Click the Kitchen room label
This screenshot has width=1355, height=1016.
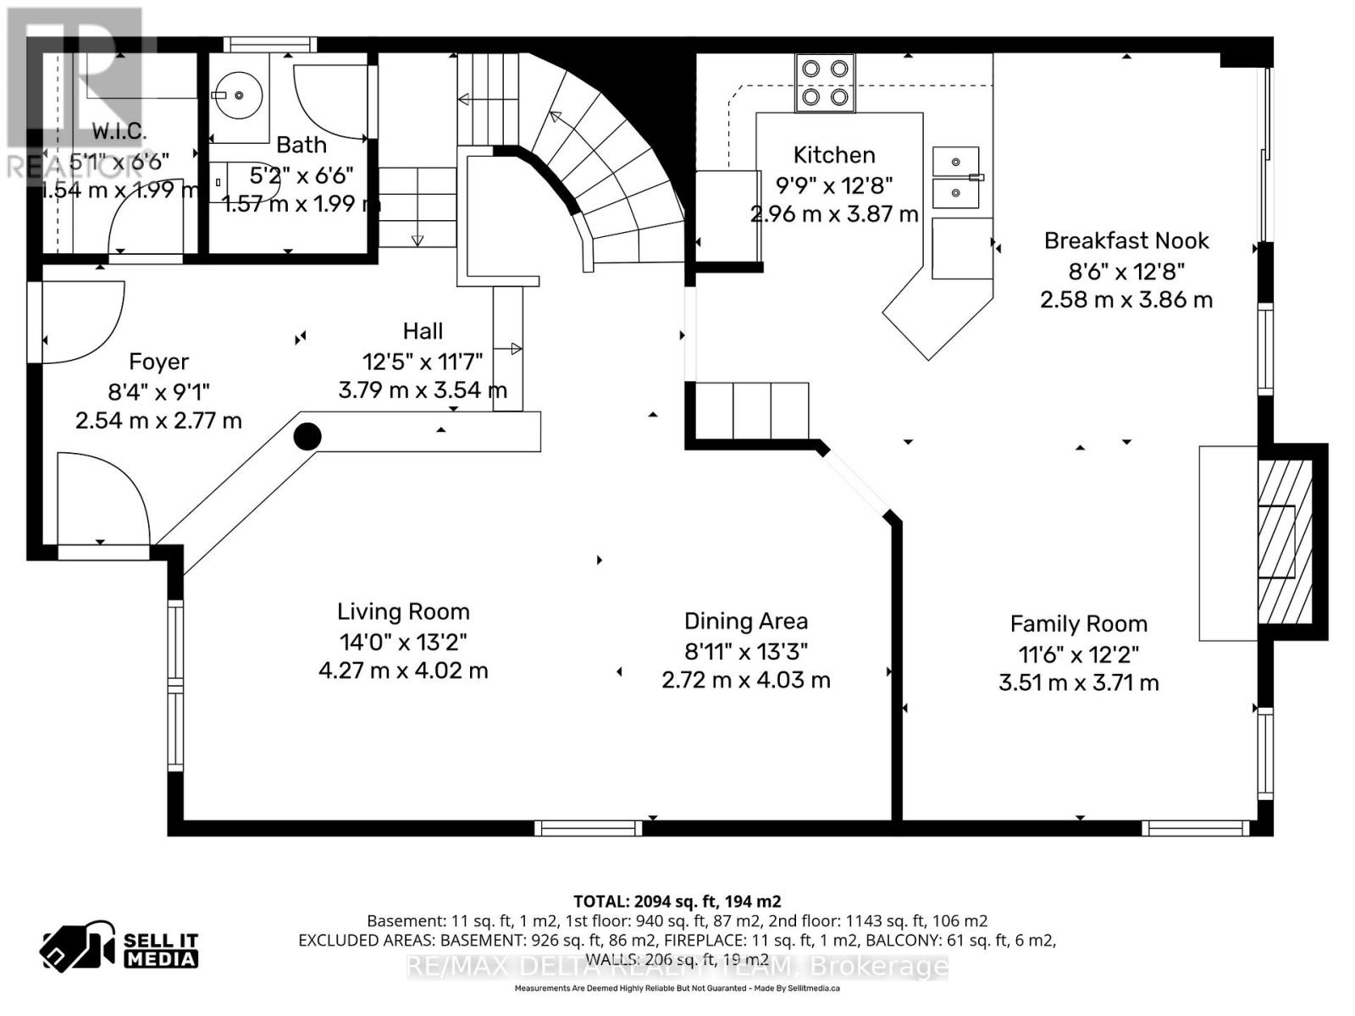tap(833, 155)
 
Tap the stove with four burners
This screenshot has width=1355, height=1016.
tap(825, 83)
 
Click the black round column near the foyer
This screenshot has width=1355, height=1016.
tap(307, 437)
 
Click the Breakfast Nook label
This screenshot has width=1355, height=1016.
tap(1125, 241)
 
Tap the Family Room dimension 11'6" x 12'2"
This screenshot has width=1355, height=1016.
tap(1078, 654)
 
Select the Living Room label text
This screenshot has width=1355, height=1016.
tap(403, 612)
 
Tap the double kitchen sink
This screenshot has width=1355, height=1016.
tap(956, 177)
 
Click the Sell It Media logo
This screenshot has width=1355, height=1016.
tap(120, 949)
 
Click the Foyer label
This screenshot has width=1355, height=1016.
tap(158, 362)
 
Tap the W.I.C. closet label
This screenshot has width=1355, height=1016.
tap(119, 132)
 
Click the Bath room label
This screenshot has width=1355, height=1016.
tap(301, 145)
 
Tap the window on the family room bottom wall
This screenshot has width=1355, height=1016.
tap(1195, 828)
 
